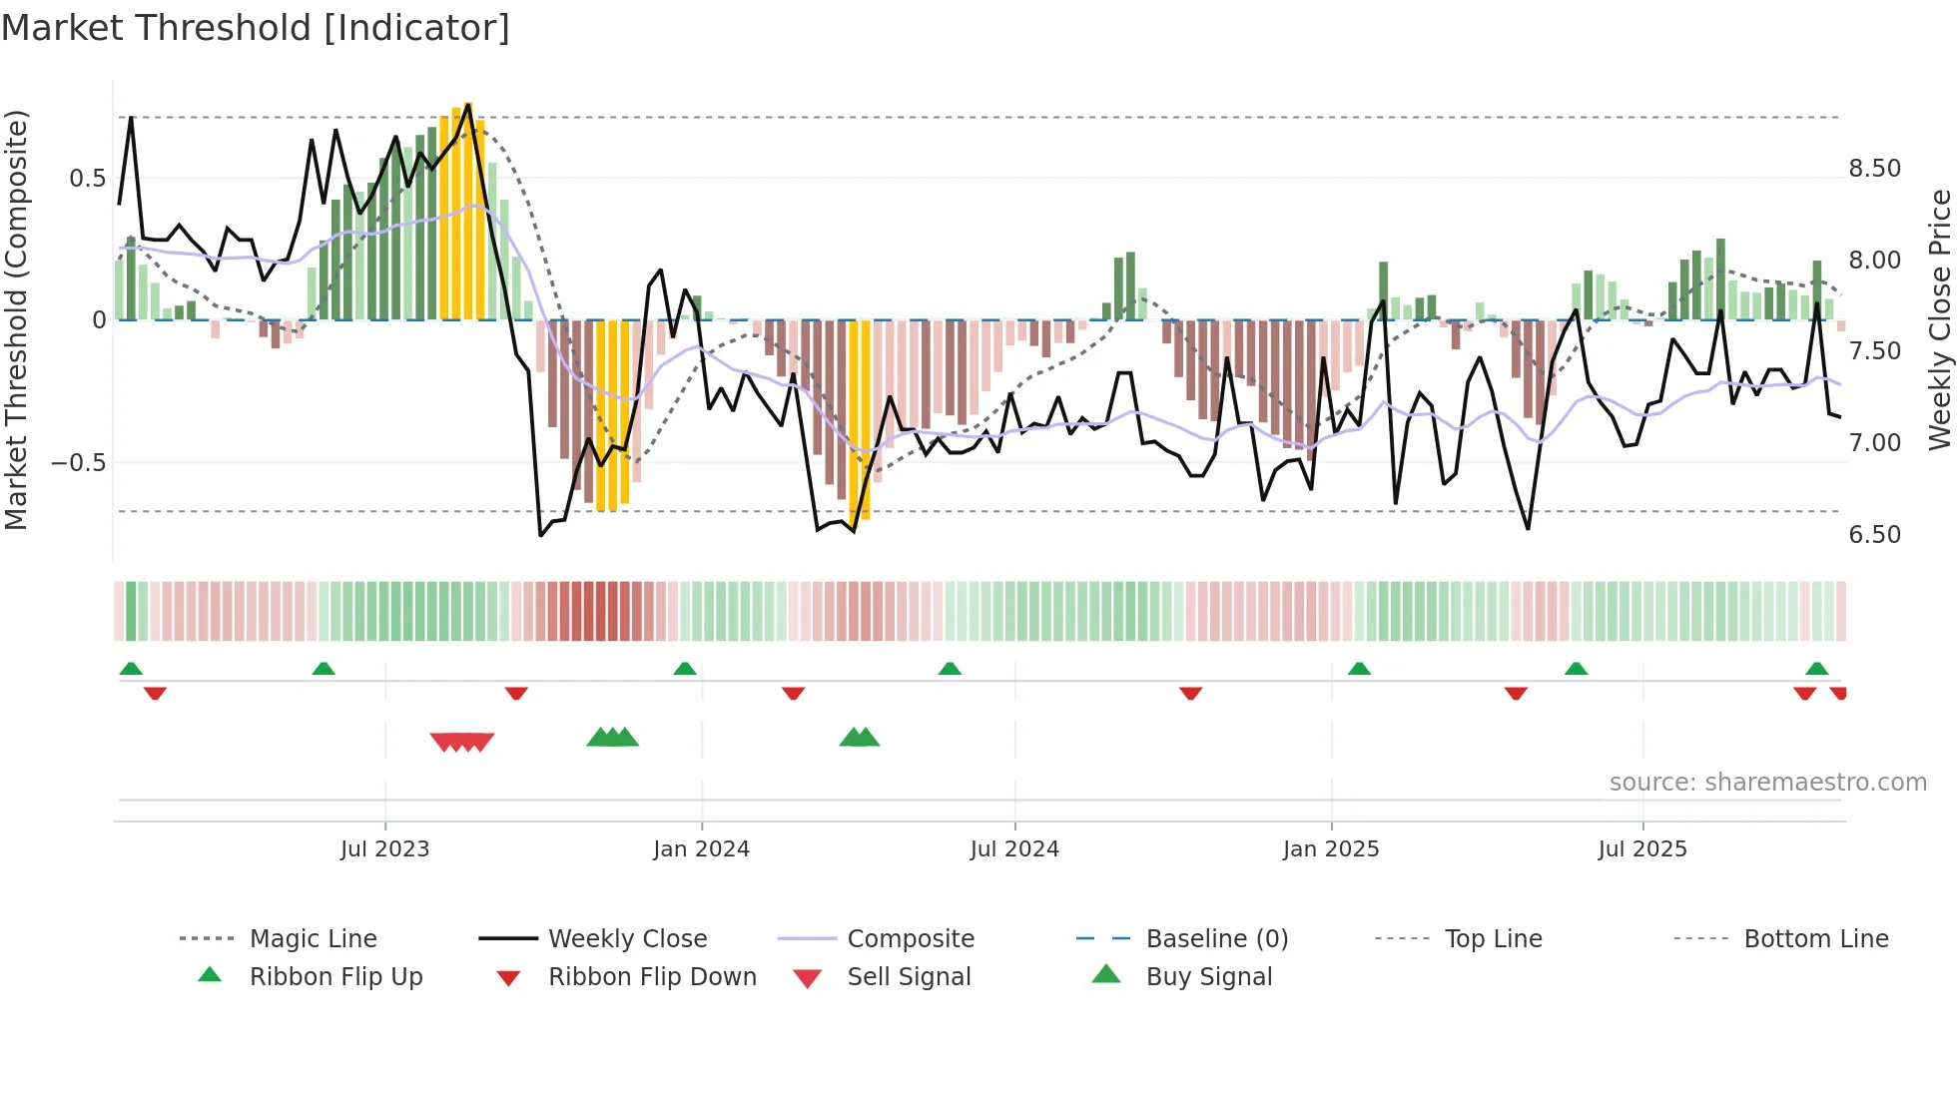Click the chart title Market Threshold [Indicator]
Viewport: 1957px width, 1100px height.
[x=256, y=28]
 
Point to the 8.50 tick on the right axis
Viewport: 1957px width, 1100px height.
[x=1874, y=169]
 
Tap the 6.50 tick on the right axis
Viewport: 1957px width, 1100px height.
[x=1874, y=535]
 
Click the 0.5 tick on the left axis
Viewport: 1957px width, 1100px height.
[x=87, y=179]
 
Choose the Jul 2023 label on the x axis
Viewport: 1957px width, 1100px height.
[x=384, y=849]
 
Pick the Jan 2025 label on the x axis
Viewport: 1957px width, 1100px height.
[x=1330, y=849]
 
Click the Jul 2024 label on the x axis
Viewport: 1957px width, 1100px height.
[x=1013, y=849]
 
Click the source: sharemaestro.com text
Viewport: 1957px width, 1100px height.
[x=1767, y=783]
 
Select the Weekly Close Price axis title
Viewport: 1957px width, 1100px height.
[x=1939, y=319]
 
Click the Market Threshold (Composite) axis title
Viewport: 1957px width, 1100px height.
[x=16, y=319]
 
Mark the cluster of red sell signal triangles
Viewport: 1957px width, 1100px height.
[x=462, y=742]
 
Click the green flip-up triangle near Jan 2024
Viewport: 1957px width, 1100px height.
[x=685, y=669]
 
